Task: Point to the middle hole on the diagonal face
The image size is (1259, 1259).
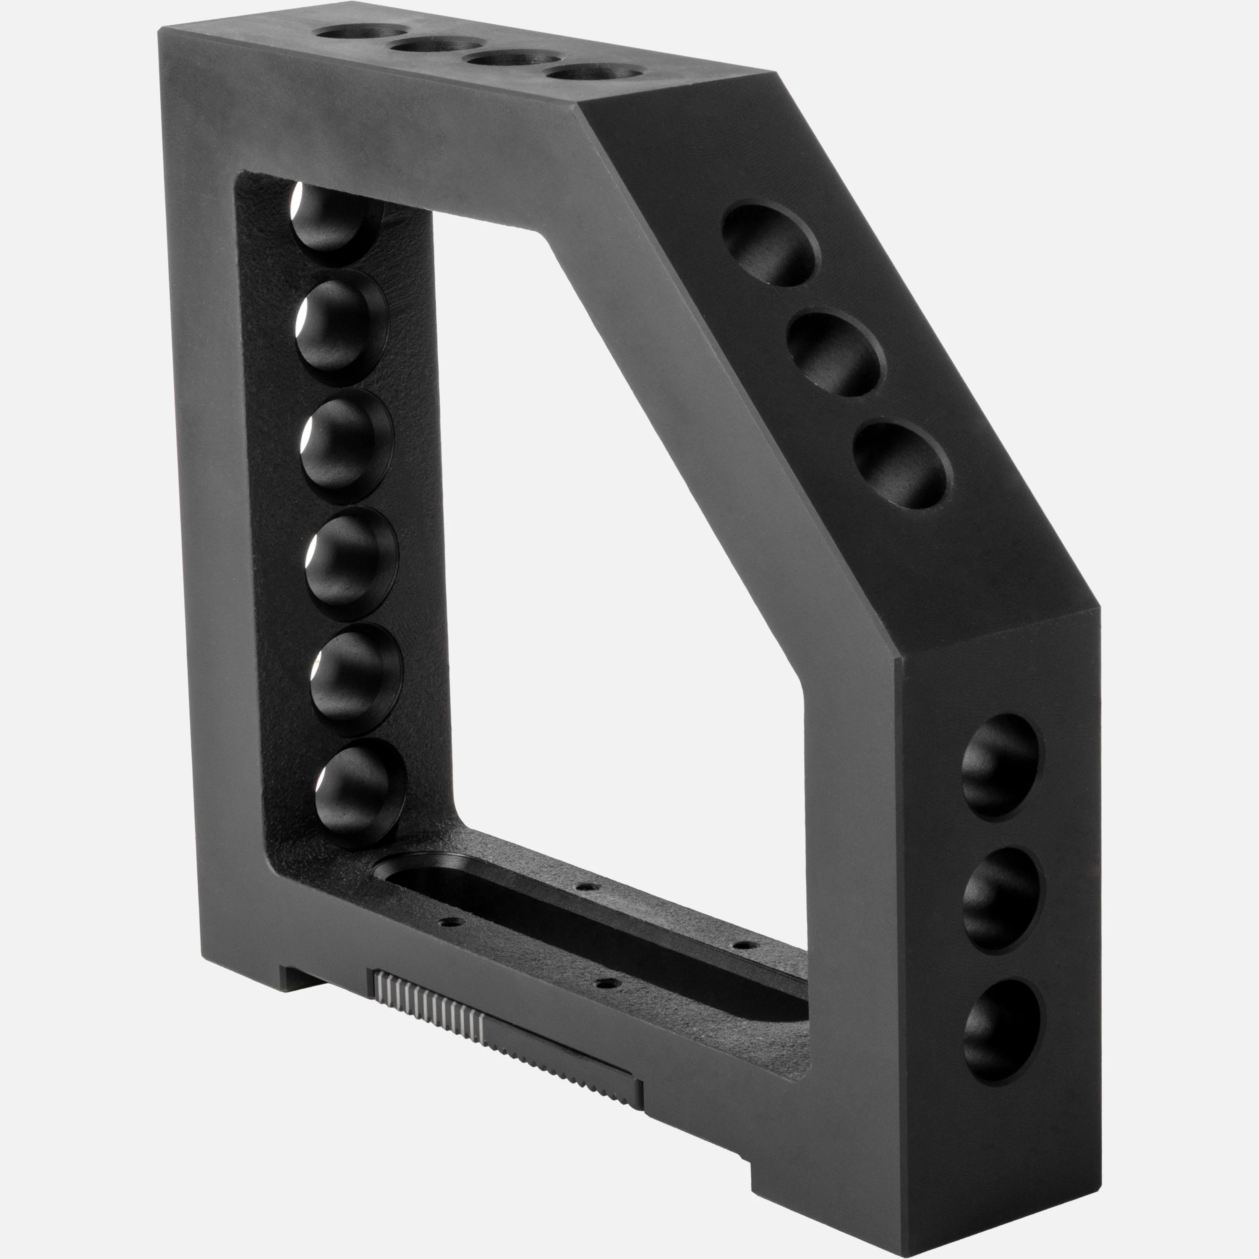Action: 837,355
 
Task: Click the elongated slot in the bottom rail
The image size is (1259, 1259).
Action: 587,925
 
